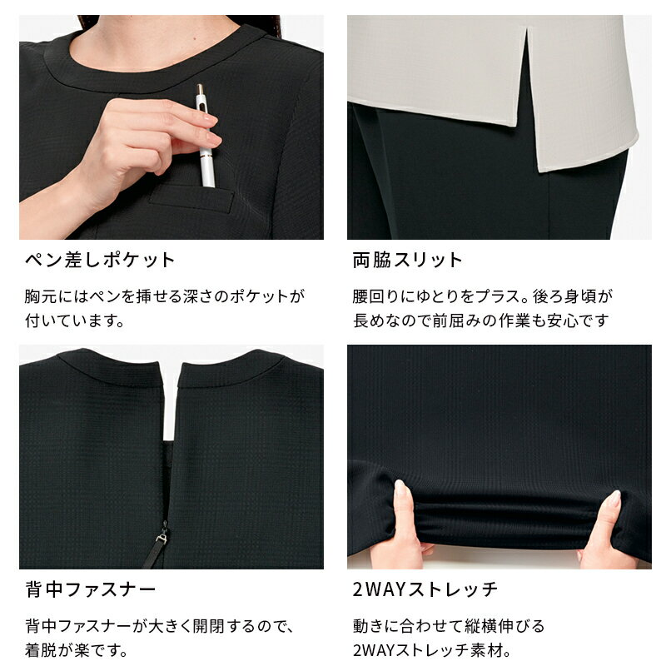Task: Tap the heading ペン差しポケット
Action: tap(100, 260)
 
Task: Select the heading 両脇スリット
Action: tap(407, 260)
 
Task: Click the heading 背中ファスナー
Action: tap(91, 590)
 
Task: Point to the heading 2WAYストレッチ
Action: tap(425, 590)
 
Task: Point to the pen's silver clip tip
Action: tap(201, 90)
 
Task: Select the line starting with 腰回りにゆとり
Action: tap(483, 296)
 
